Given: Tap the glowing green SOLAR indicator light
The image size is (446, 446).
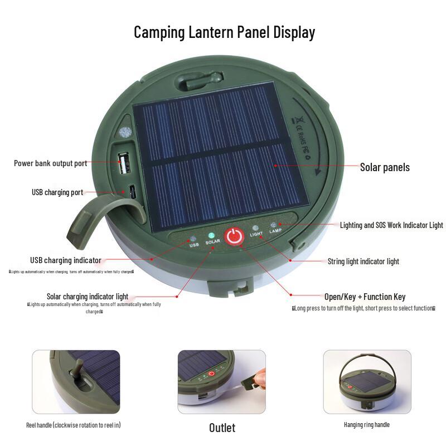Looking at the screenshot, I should coord(212,235).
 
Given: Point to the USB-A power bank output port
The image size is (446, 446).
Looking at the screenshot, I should coord(124,163).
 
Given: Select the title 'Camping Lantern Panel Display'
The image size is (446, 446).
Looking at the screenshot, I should coord(224,32).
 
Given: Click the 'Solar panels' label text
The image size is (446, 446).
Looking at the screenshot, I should coord(385,167).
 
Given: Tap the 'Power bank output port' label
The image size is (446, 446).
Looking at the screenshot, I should coord(50,163).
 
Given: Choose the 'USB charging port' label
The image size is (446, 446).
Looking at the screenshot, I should coord(57,192).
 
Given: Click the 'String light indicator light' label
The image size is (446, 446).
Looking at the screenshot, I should coord(363,261).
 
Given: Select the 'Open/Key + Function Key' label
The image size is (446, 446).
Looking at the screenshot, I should coord(365,297).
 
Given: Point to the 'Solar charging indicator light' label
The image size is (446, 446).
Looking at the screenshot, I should coord(87,296).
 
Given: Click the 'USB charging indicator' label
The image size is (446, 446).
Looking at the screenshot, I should coord(65,260).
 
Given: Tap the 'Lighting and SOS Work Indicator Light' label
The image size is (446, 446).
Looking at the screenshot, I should coord(391,225).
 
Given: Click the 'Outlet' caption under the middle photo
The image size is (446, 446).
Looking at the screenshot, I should coord(222,428).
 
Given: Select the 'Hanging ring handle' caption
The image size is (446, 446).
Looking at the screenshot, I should coord(366,425).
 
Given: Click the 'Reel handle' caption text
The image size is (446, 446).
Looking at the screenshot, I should coord(73,425).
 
